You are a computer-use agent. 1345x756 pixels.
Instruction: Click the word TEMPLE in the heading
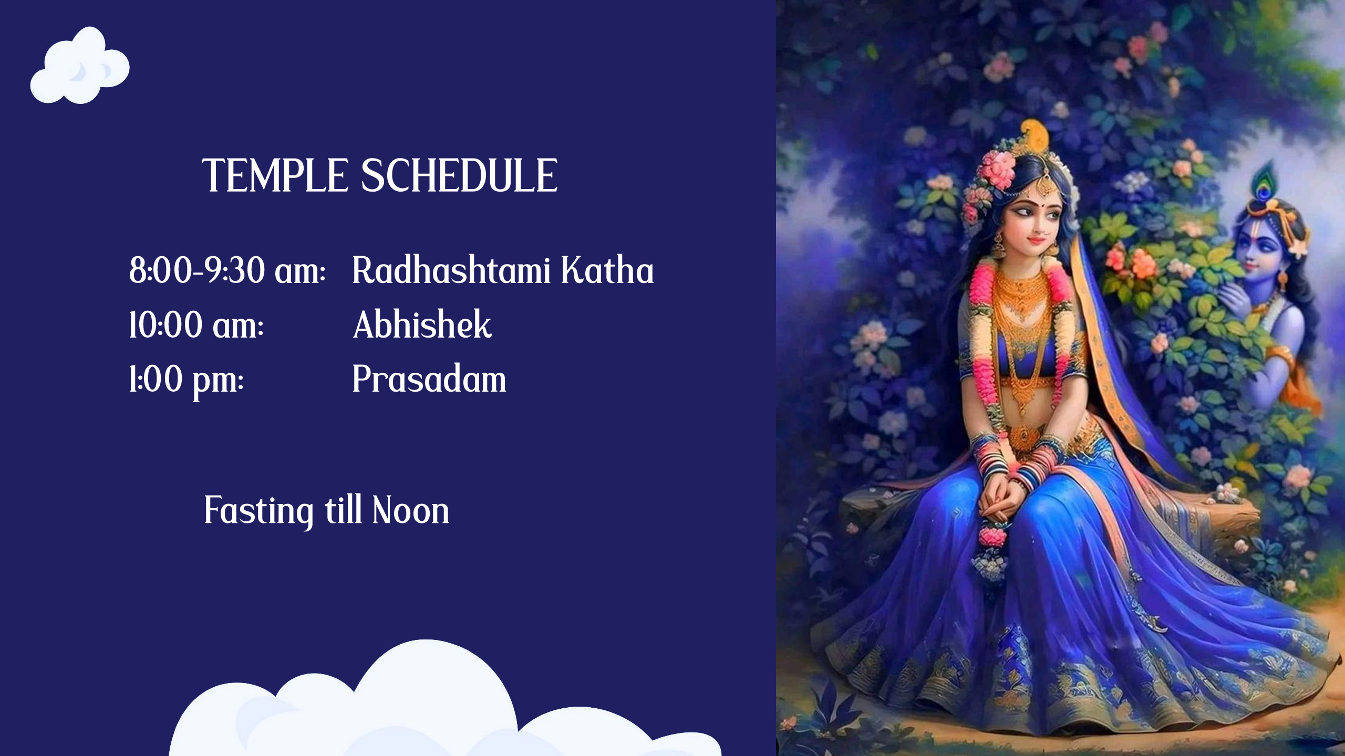tap(275, 175)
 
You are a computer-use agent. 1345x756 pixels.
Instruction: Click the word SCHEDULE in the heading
tap(459, 175)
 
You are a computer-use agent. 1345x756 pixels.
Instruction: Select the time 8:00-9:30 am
tap(227, 270)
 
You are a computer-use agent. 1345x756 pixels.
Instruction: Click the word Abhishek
tap(422, 324)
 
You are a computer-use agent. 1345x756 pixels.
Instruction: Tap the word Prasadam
tap(429, 379)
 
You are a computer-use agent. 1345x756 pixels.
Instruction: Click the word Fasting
tap(259, 511)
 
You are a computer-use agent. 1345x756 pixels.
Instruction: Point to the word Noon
tap(411, 510)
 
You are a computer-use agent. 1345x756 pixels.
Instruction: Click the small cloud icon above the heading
tap(80, 66)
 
